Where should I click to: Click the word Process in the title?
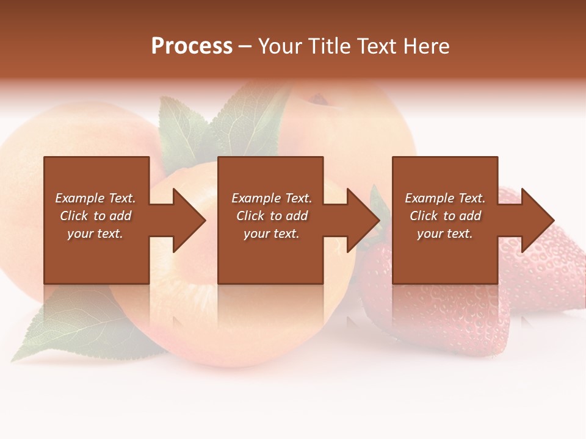192,46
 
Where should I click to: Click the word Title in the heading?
330,46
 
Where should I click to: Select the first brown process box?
96,256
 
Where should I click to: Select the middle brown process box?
270,256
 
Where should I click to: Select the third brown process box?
445,256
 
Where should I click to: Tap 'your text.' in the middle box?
271,234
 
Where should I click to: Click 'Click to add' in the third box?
445,216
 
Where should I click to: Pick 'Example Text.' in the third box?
445,198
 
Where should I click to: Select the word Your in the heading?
280,46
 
